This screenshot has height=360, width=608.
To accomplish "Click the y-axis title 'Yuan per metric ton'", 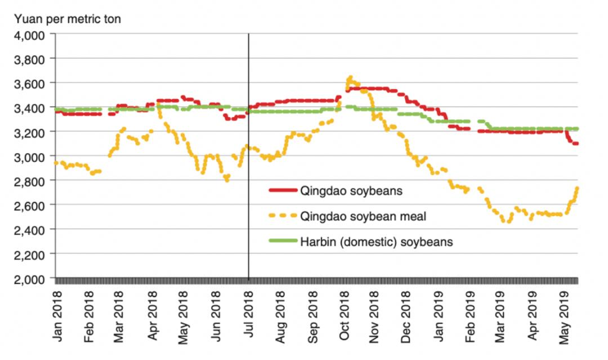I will click(x=68, y=19).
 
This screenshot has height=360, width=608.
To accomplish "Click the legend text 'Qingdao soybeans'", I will click(x=352, y=191).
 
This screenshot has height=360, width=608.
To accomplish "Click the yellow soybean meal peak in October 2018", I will click(x=350, y=78).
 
